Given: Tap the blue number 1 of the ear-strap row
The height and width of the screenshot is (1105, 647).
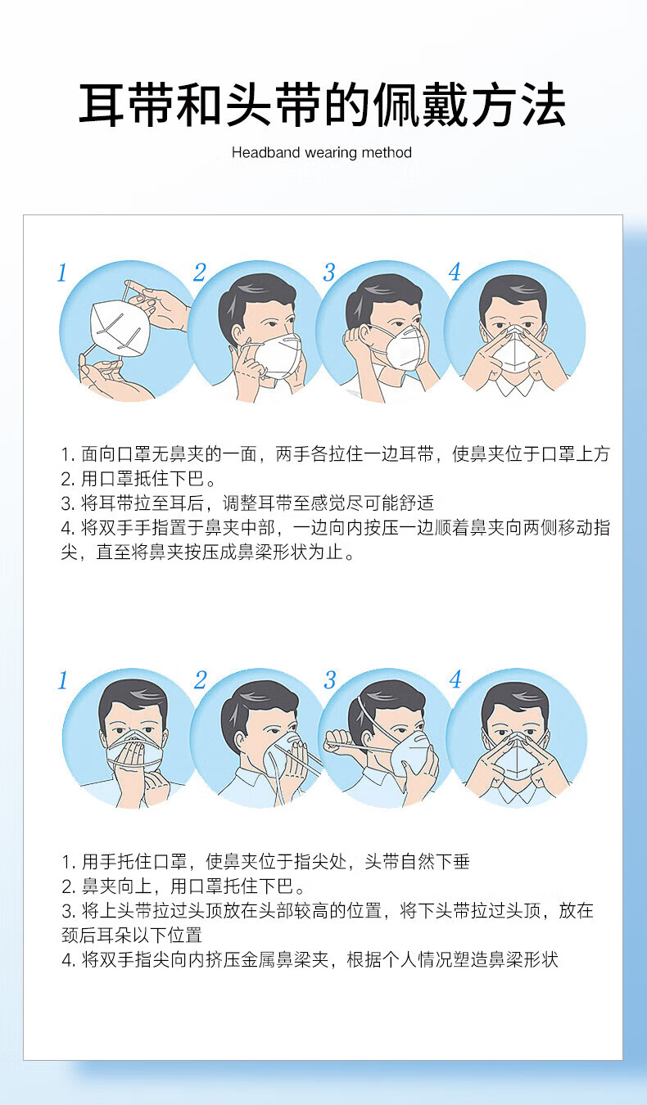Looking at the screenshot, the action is [61, 273].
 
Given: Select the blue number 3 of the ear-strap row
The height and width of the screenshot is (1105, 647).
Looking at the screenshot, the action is [329, 272].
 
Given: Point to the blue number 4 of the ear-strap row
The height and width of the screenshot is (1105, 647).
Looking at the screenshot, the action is [455, 272].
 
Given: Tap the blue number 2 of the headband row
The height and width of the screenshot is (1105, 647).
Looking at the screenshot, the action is [200, 680].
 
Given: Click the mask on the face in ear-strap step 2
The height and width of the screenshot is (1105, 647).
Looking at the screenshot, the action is [278, 355].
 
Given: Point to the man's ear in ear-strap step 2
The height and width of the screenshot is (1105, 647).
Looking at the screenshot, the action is [237, 335].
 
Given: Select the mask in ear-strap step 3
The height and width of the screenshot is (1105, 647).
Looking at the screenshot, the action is [405, 347].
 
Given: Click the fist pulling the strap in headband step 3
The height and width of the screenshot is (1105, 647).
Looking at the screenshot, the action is [338, 741].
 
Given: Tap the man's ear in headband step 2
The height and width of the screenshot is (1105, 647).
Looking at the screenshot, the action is [240, 742].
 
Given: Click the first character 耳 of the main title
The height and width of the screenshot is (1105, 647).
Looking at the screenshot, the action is [102, 105].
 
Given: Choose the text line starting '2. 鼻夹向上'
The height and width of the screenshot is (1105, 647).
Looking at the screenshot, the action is [183, 886].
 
